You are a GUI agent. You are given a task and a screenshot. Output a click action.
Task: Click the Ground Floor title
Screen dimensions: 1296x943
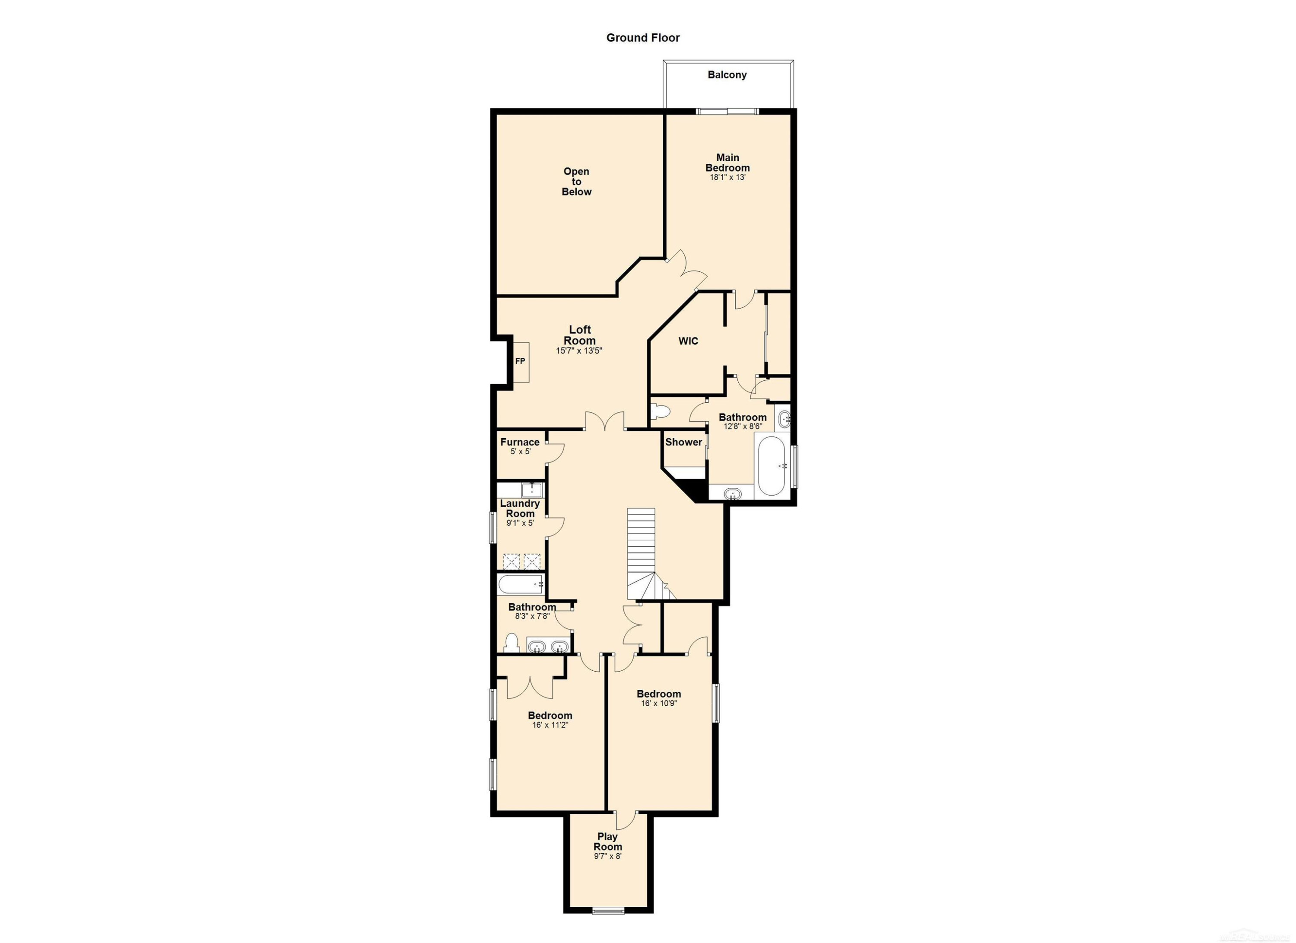(x=643, y=38)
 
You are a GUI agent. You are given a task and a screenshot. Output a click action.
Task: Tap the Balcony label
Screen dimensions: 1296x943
(x=727, y=74)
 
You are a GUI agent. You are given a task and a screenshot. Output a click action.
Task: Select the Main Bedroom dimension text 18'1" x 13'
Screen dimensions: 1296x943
(x=727, y=177)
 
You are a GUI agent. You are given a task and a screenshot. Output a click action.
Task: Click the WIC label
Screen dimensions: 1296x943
(x=688, y=341)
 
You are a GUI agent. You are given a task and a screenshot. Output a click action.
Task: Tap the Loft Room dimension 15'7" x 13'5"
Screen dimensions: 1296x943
(x=579, y=351)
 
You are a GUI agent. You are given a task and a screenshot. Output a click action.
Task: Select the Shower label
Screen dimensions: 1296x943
(x=683, y=442)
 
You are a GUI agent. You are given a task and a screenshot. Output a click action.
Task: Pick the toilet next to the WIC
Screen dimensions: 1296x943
(x=660, y=411)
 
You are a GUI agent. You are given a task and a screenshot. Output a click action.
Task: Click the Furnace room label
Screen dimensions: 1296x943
(x=519, y=442)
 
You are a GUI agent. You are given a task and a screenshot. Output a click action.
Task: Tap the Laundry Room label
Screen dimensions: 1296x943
(x=519, y=508)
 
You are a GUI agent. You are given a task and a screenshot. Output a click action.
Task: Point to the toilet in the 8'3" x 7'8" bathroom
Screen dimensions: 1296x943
(x=511, y=643)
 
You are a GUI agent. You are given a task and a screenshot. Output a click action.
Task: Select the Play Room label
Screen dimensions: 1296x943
(x=607, y=841)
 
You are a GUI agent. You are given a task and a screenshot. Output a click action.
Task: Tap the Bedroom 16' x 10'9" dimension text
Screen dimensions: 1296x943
(x=659, y=704)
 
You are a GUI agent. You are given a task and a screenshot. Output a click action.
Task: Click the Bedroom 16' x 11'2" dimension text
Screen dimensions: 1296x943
(x=550, y=725)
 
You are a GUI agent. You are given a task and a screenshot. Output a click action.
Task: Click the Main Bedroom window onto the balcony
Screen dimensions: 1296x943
(x=727, y=112)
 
